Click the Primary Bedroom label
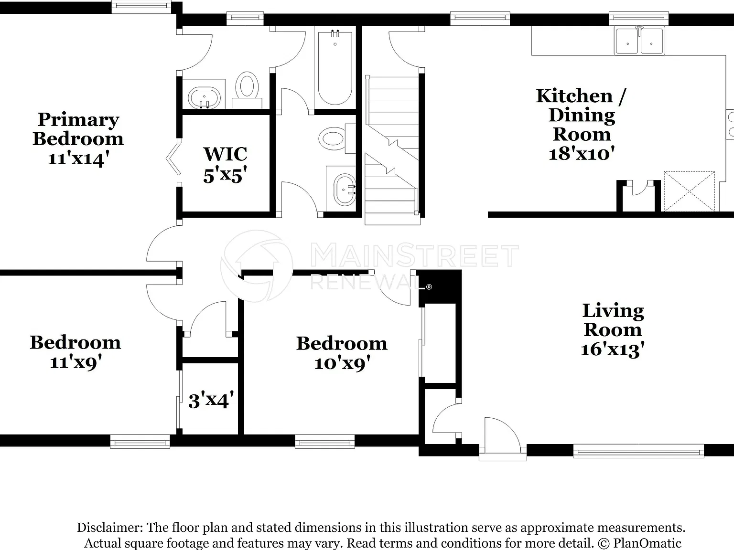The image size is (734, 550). (x=78, y=129)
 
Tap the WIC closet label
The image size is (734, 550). (x=226, y=154)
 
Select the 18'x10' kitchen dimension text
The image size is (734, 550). (x=582, y=154)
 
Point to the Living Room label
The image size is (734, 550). (x=613, y=320)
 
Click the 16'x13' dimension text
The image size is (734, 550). (x=613, y=349)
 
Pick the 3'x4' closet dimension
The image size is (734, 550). (x=211, y=401)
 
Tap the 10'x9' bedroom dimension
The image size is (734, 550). (x=342, y=363)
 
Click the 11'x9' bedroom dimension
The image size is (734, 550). (x=76, y=362)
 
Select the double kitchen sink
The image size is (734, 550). (x=639, y=41)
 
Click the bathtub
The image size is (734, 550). (x=335, y=68)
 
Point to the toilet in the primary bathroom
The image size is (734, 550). (x=247, y=90)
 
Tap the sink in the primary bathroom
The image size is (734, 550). (x=205, y=98)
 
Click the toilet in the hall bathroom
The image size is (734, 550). (x=337, y=138)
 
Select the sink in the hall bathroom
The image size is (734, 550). (x=345, y=190)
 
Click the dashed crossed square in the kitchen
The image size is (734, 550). (x=689, y=191)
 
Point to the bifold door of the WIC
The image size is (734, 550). (x=173, y=159)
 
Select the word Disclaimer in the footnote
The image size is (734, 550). (x=110, y=527)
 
